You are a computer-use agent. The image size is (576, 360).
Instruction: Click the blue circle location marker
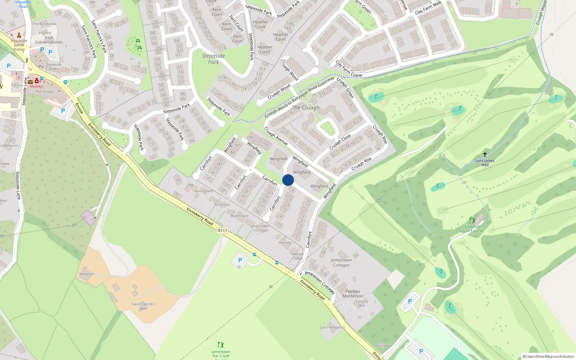tap(288, 180)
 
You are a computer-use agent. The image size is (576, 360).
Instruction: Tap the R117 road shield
tap(222, 230)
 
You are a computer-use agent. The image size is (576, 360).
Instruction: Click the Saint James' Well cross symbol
tap(485, 154)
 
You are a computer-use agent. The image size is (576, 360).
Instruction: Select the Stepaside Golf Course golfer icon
tap(472, 220)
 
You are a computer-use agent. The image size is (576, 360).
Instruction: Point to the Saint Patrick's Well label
tap(143, 306)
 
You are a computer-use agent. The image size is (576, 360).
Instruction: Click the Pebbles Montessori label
tap(353, 294)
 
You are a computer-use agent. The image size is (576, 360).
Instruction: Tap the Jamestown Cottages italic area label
tap(341, 262)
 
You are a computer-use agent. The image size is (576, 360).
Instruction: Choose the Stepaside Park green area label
tap(213, 59)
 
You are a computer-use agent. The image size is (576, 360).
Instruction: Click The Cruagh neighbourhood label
tap(306, 108)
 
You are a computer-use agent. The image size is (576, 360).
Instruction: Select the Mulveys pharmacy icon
tap(37, 81)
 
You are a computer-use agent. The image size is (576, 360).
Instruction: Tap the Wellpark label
tap(86, 274)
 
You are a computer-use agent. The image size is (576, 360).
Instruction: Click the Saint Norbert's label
tap(332, 327)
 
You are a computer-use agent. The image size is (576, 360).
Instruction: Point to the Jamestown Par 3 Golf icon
tap(221, 345)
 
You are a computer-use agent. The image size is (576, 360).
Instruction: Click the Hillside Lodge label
tap(297, 256)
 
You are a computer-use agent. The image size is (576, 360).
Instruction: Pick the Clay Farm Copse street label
tap(348, 69)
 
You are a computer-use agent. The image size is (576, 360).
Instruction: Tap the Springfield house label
tap(203, 191)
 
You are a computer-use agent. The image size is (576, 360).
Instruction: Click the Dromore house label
tap(222, 205)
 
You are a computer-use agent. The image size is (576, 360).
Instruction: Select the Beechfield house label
tap(239, 216)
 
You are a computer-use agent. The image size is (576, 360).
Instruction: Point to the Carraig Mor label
tap(361, 303)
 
